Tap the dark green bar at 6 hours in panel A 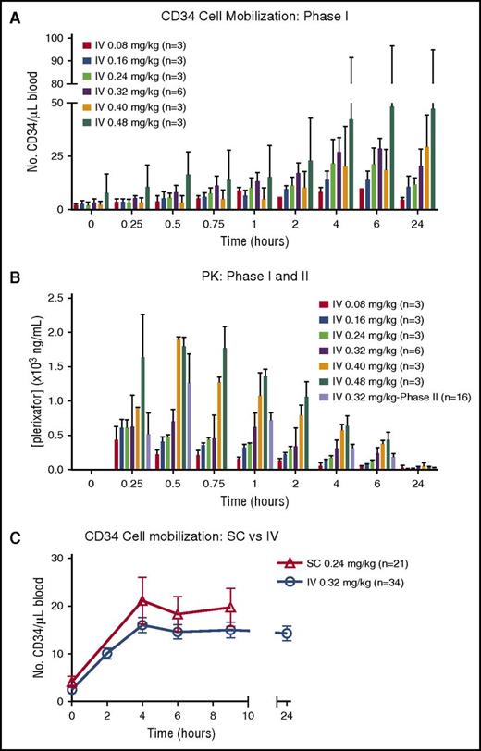391,157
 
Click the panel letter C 9,534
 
